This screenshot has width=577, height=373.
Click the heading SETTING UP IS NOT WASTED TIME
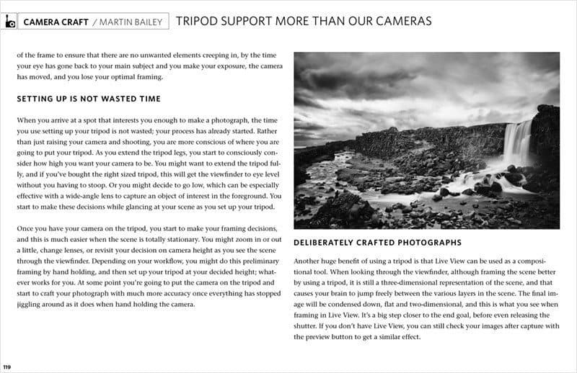[88, 99]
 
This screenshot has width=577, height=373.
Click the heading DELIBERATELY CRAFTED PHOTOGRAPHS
[377, 243]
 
